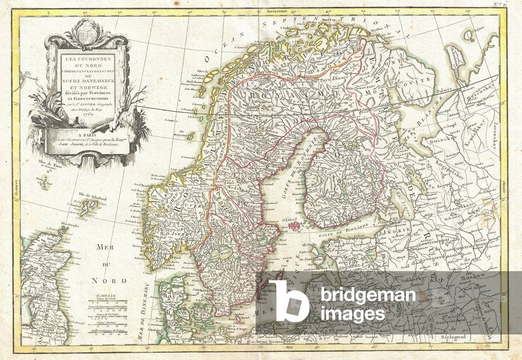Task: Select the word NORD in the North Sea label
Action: [x=106, y=280]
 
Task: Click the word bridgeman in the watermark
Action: [x=364, y=296]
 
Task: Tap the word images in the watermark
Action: [x=350, y=314]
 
